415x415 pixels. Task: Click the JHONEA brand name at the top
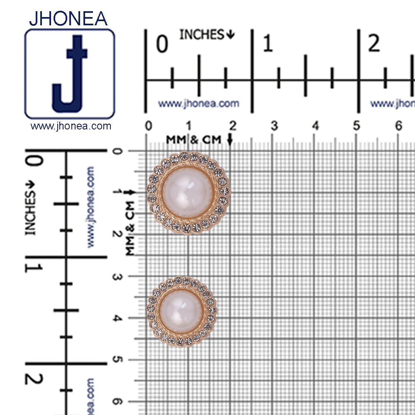pyautogui.click(x=68, y=19)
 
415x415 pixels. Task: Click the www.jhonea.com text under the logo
pyautogui.click(x=71, y=126)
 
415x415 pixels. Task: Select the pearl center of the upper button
pyautogui.click(x=188, y=193)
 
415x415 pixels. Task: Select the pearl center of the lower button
pyautogui.click(x=181, y=311)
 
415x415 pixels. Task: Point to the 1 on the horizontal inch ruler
pyautogui.click(x=268, y=44)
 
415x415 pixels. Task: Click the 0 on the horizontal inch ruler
pyautogui.click(x=162, y=44)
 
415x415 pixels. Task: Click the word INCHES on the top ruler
pyautogui.click(x=202, y=34)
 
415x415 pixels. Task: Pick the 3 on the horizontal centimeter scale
pyautogui.click(x=274, y=126)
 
